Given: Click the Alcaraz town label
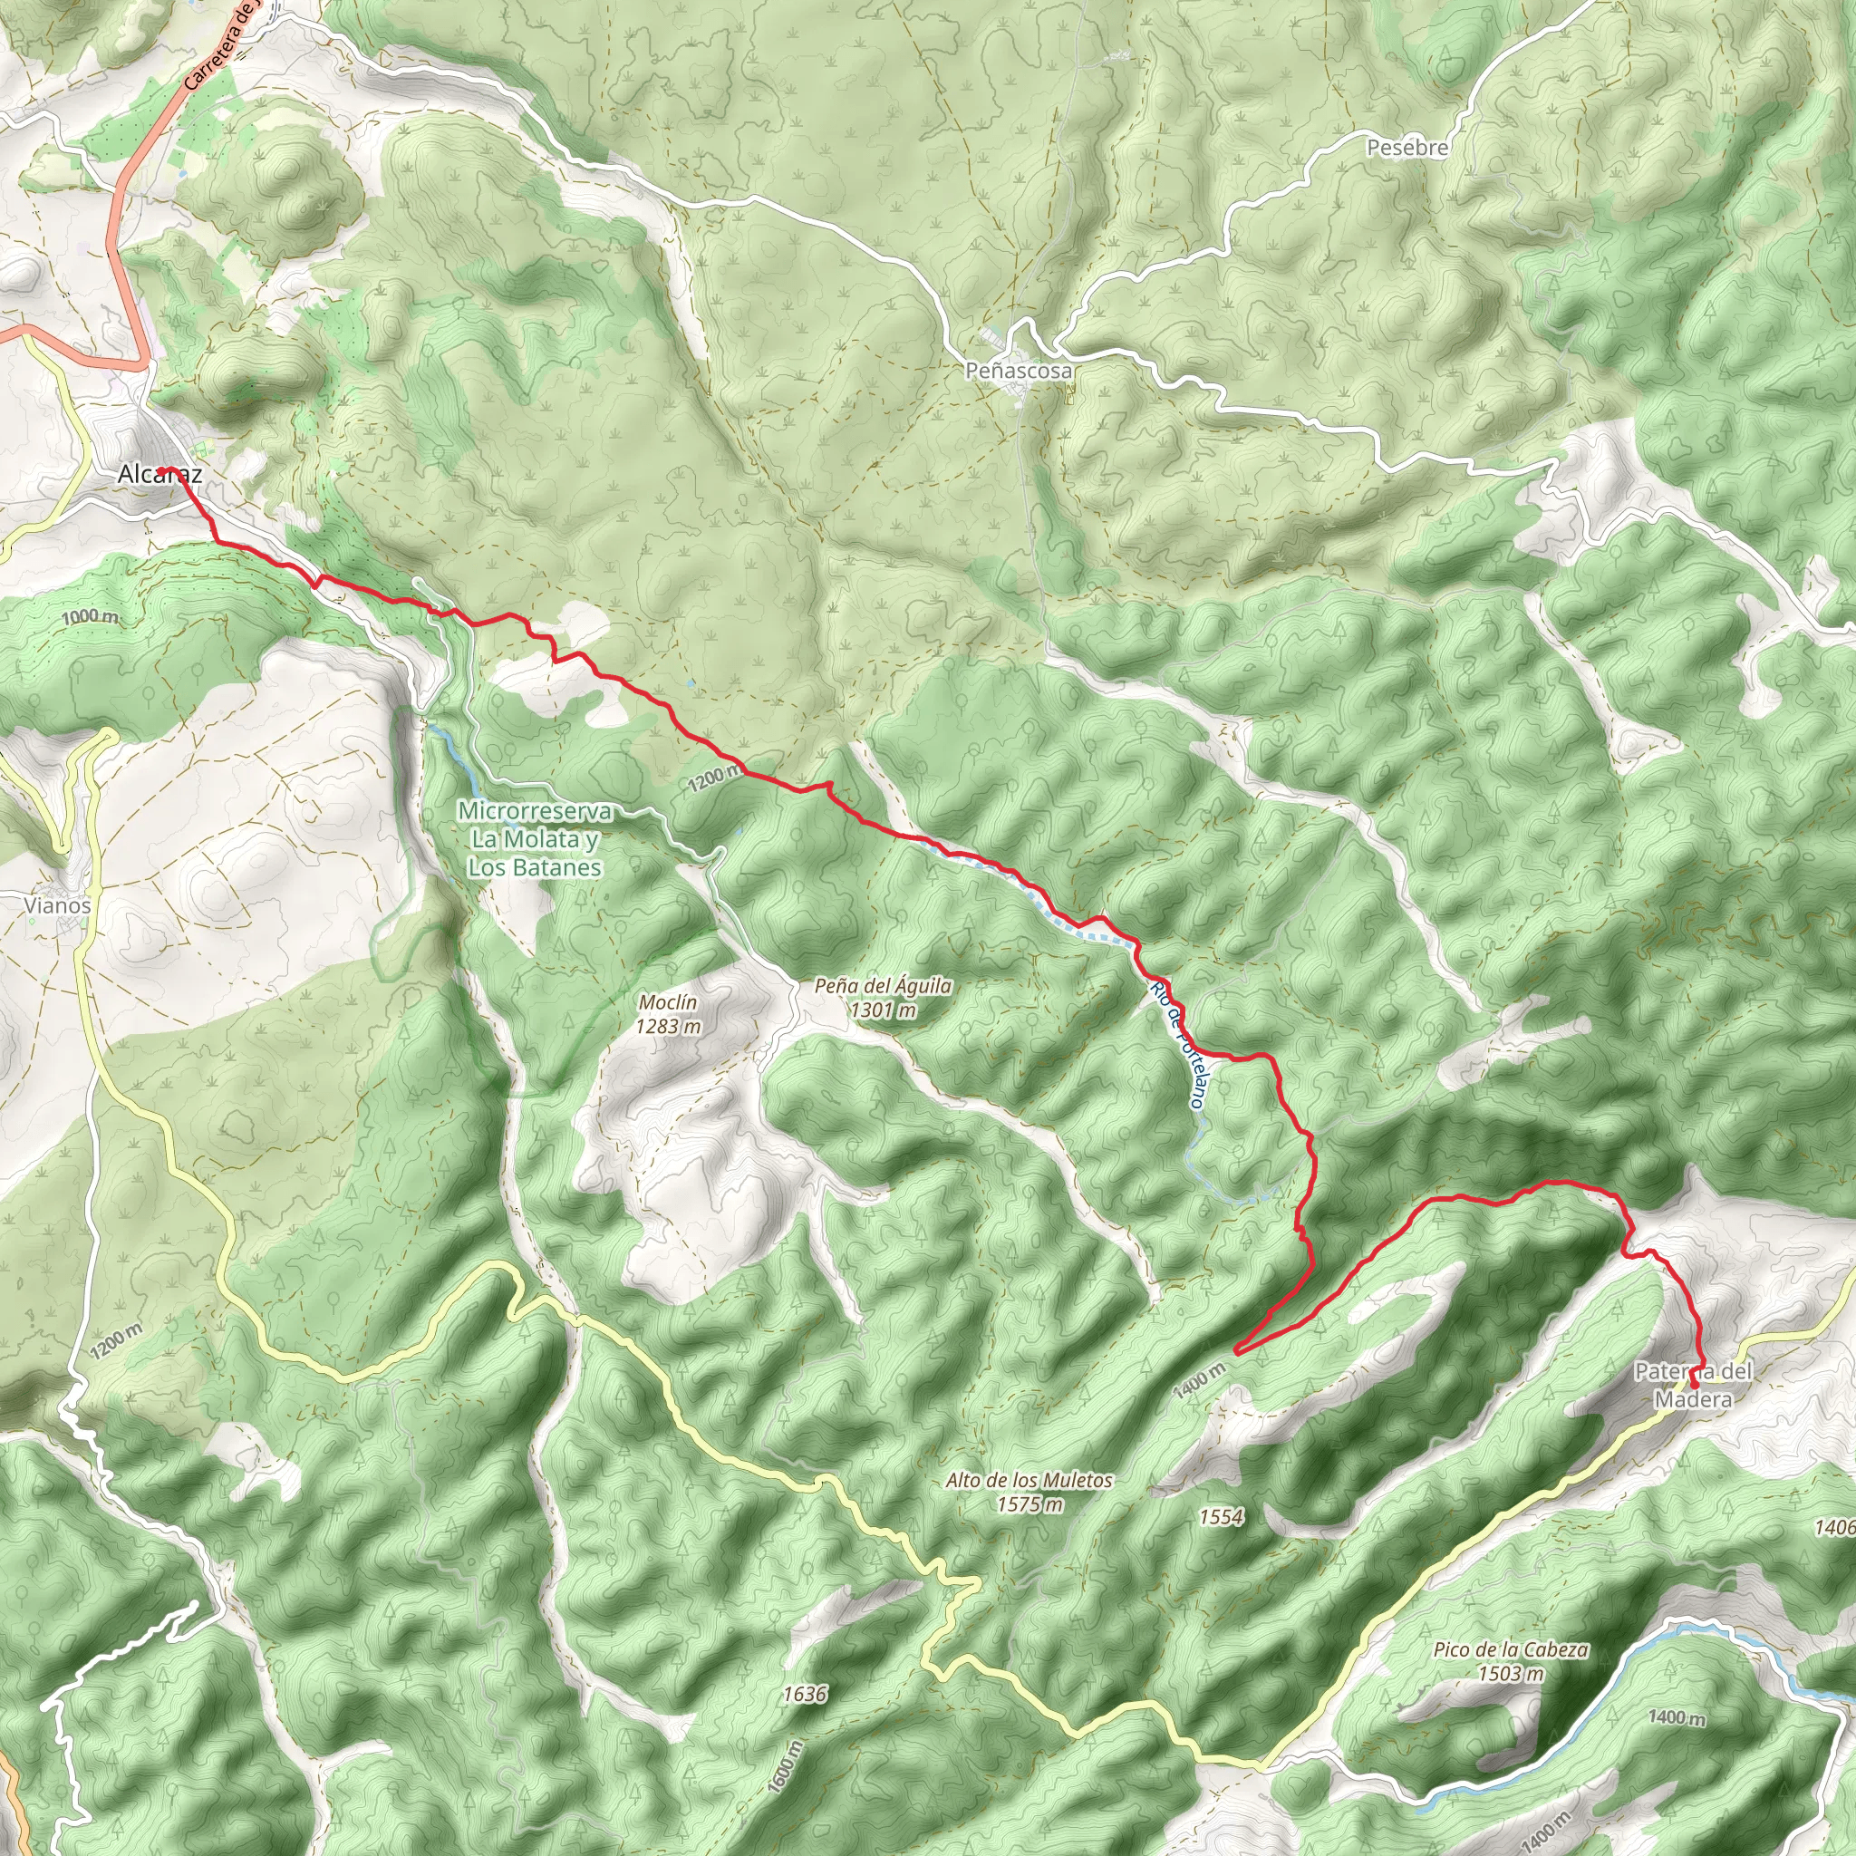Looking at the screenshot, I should [159, 475].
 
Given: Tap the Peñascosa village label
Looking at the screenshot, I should [1020, 370].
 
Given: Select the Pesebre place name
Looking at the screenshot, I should [1407, 148].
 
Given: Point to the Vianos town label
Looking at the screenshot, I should [58, 905].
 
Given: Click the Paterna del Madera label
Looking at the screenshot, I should [1694, 1386].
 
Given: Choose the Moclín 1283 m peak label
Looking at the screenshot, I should [668, 1014].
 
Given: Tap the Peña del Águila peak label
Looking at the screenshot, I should [883, 997].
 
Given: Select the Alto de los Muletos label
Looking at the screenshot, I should [1029, 1492].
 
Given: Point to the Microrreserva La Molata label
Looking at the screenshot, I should [534, 838].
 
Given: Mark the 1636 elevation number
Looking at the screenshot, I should [804, 1694].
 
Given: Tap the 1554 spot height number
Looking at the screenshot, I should [1221, 1517].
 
